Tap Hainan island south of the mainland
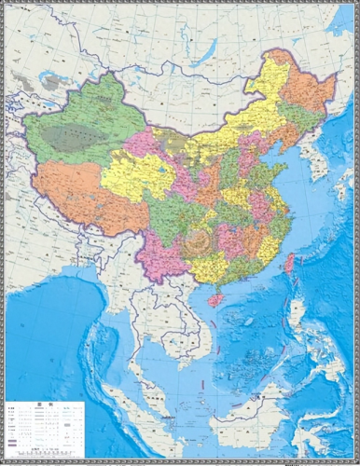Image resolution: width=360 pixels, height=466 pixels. pos(216,299)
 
